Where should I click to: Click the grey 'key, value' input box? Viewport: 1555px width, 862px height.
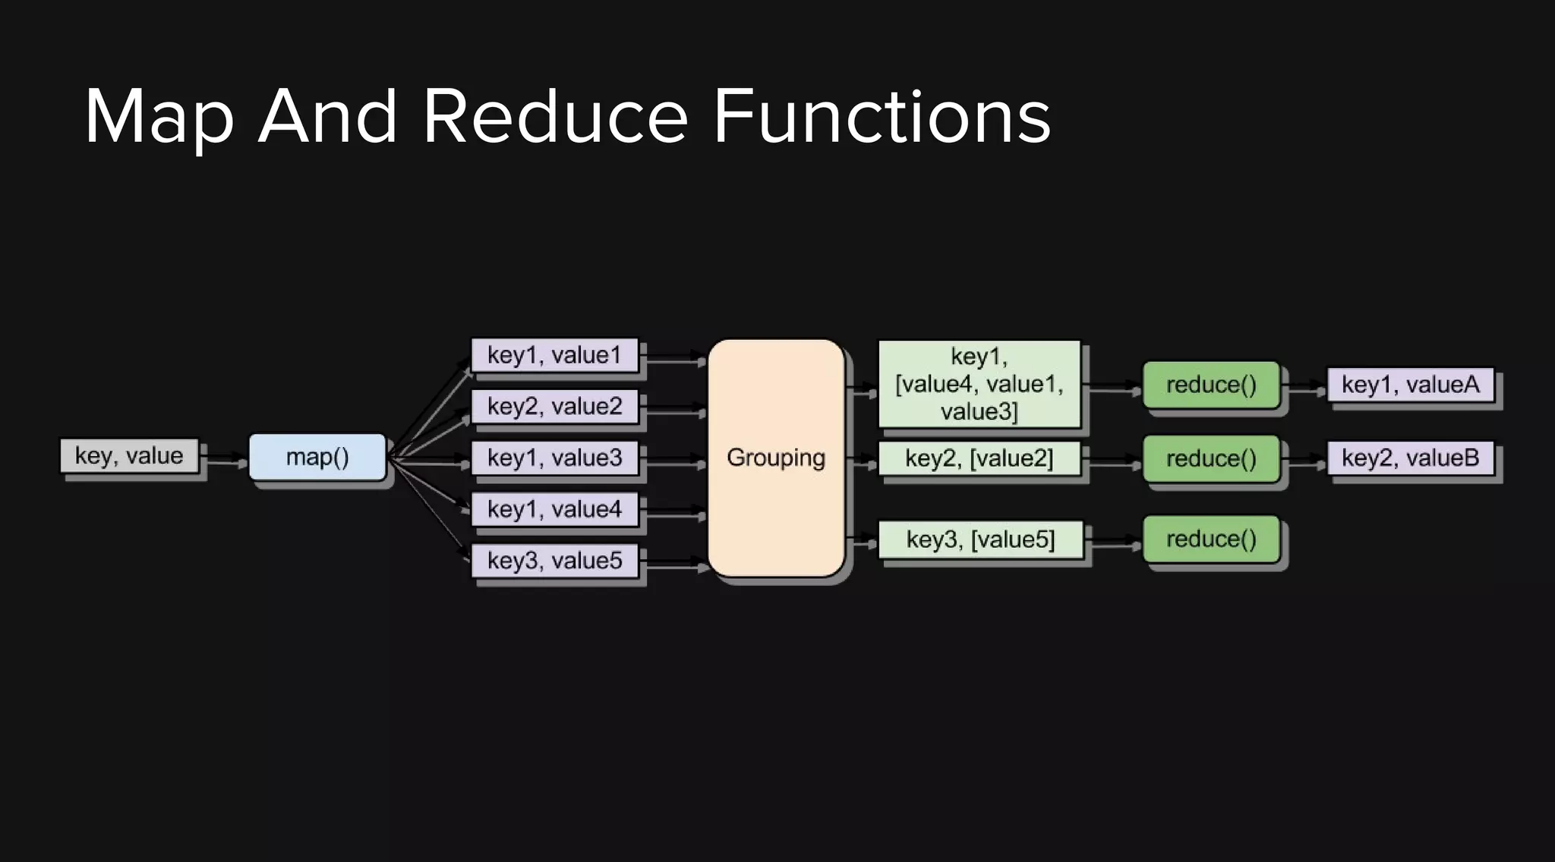coord(129,456)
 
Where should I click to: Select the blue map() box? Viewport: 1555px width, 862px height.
coord(317,457)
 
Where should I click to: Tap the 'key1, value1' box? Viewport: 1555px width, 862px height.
coord(554,355)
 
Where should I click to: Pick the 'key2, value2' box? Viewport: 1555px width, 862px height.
coord(554,407)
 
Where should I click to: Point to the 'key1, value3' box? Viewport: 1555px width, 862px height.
coord(554,458)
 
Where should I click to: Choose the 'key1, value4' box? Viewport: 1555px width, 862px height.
coord(554,509)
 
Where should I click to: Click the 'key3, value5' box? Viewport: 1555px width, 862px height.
coord(554,561)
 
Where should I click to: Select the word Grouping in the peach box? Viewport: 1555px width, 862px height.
coord(775,458)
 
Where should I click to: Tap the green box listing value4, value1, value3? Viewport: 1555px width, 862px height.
coord(979,384)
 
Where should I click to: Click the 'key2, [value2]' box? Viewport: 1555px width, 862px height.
coord(979,458)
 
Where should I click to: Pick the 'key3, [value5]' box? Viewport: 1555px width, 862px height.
coord(980,540)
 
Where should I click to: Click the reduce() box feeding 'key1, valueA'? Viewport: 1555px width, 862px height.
coord(1211,385)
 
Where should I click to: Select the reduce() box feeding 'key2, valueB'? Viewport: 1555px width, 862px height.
coord(1211,458)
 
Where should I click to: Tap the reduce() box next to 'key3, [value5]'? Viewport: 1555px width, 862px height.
coord(1211,539)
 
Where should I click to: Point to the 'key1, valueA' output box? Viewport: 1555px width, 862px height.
coord(1410,385)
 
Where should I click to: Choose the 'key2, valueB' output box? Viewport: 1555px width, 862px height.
coord(1410,458)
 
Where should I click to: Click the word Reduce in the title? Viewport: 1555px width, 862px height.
coord(555,117)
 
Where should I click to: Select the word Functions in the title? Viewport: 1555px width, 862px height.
coord(882,117)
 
